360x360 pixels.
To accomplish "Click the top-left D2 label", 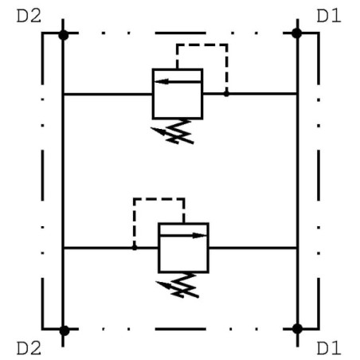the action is point(29,16).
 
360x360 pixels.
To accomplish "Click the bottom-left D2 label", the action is point(29,348).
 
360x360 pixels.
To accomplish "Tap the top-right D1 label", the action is point(329,16).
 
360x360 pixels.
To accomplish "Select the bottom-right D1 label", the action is point(329,348).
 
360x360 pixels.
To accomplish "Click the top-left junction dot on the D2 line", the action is point(64,35).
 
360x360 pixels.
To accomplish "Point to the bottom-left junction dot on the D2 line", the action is point(64,331).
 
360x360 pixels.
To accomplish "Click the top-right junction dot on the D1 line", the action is point(296,33).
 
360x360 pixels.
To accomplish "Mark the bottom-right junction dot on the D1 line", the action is point(297,329).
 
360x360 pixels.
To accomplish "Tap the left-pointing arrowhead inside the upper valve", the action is point(162,81).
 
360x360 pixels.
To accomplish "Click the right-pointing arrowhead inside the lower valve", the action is point(200,236).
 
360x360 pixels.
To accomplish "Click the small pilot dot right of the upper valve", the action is point(226,94).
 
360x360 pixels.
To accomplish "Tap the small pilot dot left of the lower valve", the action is point(135,248).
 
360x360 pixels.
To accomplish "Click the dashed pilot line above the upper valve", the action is point(202,45).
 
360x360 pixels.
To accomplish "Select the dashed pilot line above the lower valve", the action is point(159,199).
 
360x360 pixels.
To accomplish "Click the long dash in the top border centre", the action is point(181,33).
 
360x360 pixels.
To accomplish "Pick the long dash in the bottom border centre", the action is point(181,329).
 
